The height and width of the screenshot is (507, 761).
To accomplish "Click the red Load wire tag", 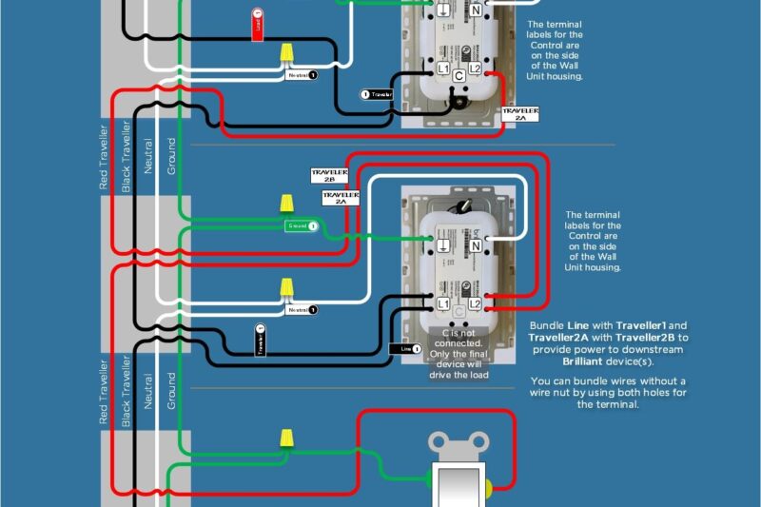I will coord(258,24).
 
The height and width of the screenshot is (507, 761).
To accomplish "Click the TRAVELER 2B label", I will coord(328,176).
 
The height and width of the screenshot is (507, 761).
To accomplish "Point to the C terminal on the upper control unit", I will coord(459,73).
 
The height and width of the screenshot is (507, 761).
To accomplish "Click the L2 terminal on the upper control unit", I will coord(475,69).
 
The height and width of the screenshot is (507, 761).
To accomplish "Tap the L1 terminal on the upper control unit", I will coord(443,69).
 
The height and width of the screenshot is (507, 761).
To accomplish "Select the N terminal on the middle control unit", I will coord(476,245).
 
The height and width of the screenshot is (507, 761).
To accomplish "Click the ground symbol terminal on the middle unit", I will coord(443,245).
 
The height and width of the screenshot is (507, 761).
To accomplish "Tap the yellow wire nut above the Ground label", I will coord(285,204).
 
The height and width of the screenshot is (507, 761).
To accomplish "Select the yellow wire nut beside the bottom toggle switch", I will coord(285,439).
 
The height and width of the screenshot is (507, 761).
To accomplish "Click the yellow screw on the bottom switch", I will coord(488,489).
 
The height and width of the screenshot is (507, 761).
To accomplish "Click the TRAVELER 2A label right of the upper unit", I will coord(521,114).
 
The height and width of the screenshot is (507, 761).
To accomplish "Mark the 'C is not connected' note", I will coord(459,353).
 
